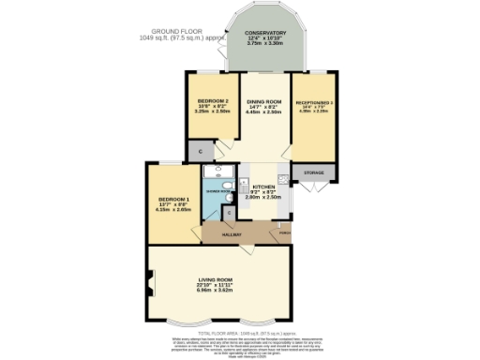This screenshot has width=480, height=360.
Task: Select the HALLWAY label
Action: [x=231, y=233]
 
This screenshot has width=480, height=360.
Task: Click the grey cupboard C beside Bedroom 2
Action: [x=199, y=151]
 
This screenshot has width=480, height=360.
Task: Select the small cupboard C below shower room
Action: [x=230, y=214]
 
